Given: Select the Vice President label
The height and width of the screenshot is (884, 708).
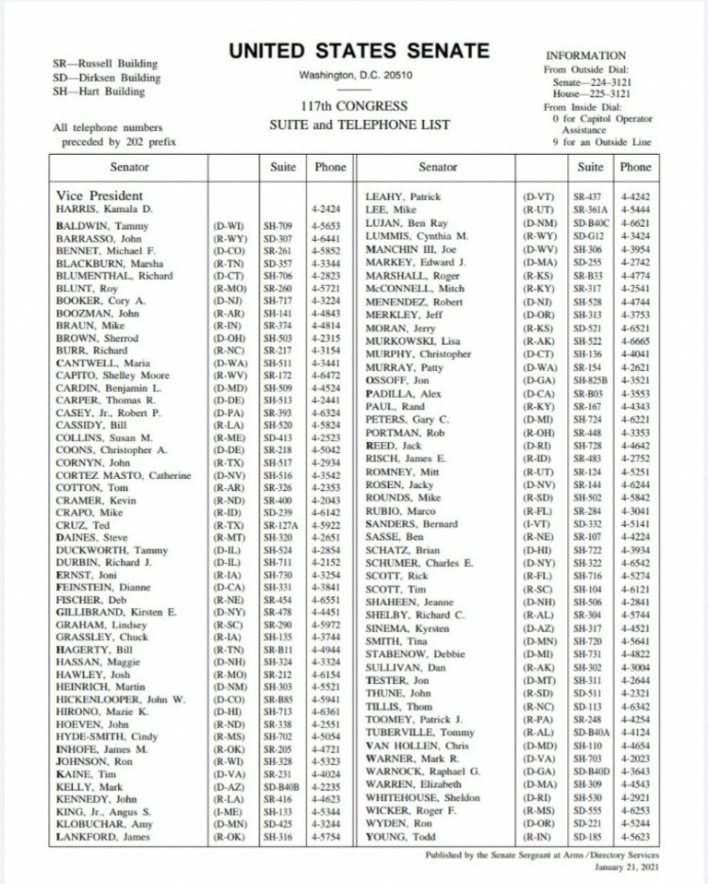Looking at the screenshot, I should (x=100, y=196).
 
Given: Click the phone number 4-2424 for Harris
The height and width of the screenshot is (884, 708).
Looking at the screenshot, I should (x=326, y=210).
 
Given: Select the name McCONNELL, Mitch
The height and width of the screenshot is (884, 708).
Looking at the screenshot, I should (x=415, y=288).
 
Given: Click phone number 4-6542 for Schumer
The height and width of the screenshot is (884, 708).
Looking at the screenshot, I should (x=635, y=563).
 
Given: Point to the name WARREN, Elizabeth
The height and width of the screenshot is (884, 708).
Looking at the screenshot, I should (x=415, y=784).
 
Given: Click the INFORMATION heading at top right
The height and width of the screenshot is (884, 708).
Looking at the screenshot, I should (x=585, y=55).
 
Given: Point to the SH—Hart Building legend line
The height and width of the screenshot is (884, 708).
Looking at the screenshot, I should (x=105, y=92).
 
